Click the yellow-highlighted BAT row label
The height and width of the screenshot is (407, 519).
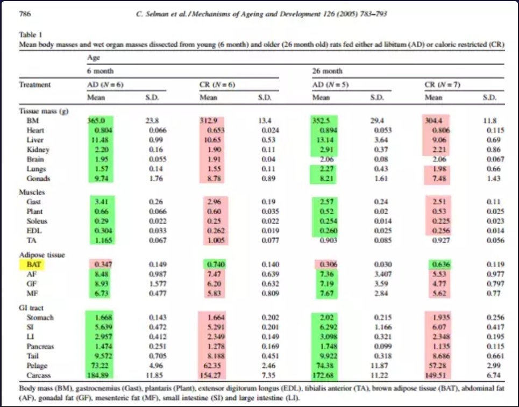34,265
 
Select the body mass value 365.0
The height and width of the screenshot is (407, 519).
96,121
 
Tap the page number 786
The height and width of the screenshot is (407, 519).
25,14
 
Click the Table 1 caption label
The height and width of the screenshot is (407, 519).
31,35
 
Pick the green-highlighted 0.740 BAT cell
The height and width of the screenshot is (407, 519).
216,265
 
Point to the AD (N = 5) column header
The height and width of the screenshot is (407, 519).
330,85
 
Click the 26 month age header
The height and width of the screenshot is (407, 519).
328,71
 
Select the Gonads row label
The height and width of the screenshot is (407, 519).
38,178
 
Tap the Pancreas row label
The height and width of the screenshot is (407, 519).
40,346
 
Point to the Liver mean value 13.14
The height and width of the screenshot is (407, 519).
325,140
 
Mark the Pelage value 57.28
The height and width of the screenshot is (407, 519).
438,366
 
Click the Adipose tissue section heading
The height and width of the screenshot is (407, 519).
42,255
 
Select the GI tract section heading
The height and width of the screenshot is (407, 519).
31,308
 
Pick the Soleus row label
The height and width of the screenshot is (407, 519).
37,221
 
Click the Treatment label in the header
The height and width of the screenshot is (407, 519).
35,85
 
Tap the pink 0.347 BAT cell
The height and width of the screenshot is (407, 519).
103,265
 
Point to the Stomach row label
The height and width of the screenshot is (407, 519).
40,318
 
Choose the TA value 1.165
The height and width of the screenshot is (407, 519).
103,240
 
